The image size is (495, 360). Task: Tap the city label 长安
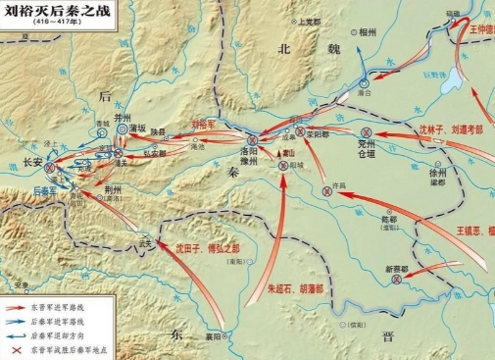coord(33,164)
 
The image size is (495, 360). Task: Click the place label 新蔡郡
coord(396,268)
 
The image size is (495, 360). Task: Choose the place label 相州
coord(368,32)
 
